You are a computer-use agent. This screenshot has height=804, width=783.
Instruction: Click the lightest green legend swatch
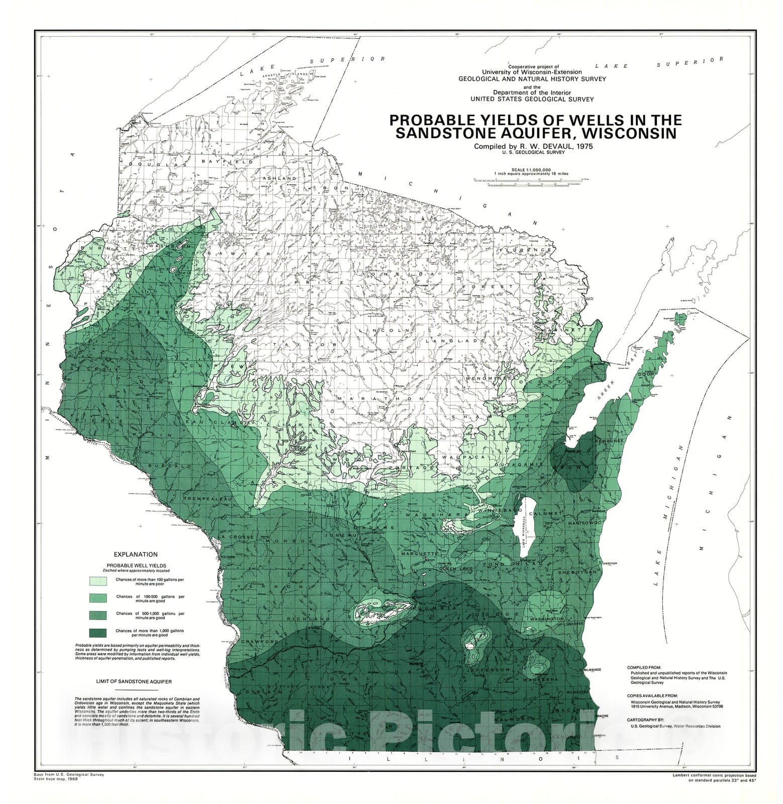(x=98, y=581)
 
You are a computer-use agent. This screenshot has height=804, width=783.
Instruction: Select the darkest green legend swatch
(x=98, y=632)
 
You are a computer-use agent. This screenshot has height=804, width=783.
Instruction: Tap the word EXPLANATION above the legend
(x=135, y=554)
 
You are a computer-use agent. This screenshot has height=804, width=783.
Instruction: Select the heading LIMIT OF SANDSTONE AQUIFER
(x=134, y=682)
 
